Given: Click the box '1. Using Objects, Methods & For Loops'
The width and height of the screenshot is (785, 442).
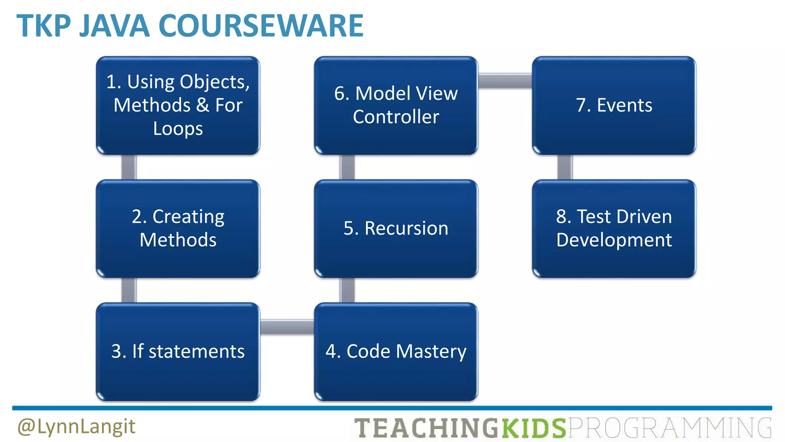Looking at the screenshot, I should [x=178, y=106].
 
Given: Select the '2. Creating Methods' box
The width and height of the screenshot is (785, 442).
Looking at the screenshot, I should [x=178, y=229].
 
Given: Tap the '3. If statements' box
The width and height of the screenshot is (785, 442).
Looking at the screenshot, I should [x=178, y=351].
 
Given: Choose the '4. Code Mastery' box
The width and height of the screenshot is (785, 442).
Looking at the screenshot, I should [x=396, y=351].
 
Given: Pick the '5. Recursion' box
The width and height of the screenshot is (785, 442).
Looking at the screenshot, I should [x=396, y=229].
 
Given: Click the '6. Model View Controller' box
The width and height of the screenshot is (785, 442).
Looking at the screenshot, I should [x=396, y=106].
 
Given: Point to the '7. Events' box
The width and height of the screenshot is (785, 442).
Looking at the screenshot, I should [x=614, y=106].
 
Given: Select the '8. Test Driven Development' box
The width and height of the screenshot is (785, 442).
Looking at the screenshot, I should [x=614, y=229].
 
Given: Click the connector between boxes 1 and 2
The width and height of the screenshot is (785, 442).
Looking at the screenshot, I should [x=129, y=167].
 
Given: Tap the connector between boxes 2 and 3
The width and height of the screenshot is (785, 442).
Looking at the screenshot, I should [x=129, y=290].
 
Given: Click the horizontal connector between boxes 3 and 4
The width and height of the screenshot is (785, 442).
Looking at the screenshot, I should [x=287, y=327].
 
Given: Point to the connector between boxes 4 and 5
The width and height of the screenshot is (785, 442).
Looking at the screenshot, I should [x=347, y=290].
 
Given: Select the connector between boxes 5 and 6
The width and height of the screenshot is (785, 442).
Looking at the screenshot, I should [x=347, y=167].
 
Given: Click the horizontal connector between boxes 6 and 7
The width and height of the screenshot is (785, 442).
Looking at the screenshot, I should [x=505, y=81].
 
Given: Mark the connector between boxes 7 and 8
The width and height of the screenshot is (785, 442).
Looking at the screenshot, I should [x=565, y=167].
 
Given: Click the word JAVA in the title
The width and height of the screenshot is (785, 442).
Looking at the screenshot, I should [x=114, y=26].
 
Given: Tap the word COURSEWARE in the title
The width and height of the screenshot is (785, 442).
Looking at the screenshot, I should [x=261, y=26].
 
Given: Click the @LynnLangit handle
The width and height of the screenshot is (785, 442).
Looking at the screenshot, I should [x=76, y=427].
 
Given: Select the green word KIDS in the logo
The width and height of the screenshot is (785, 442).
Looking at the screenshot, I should [x=534, y=428].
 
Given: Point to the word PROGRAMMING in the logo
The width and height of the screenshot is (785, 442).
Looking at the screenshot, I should [x=669, y=428].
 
